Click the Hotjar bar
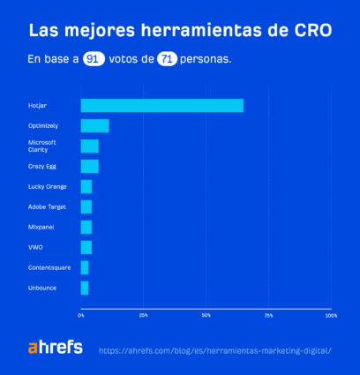coord(161,106)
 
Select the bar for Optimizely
coord(94,126)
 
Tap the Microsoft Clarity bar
coord(89,146)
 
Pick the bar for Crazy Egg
coord(89,166)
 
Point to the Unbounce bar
coord(85,288)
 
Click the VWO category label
coord(35,247)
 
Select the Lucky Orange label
coord(47,186)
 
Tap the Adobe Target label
coord(47,206)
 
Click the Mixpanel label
coord(41,227)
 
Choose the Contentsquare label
coord(49,267)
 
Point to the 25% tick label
coord(143,315)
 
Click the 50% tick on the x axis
coord(206,315)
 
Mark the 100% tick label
coord(331,315)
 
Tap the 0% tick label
coord(81,315)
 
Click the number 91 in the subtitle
coord(93,60)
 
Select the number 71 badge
coord(166,60)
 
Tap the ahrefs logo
coord(55,348)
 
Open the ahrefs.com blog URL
coord(215,350)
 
